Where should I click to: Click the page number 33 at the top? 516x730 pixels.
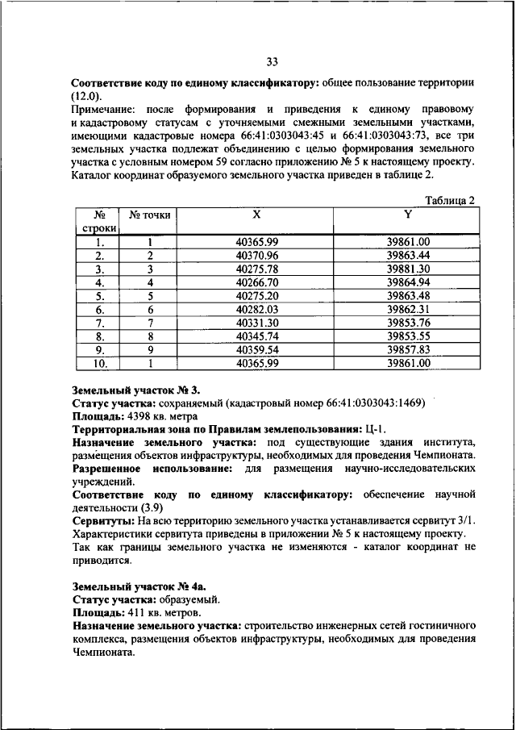(x=272, y=60)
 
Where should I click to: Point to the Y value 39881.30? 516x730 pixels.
(x=408, y=269)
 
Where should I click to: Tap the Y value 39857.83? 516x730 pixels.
(x=408, y=350)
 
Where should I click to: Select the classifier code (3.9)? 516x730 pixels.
(x=153, y=507)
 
